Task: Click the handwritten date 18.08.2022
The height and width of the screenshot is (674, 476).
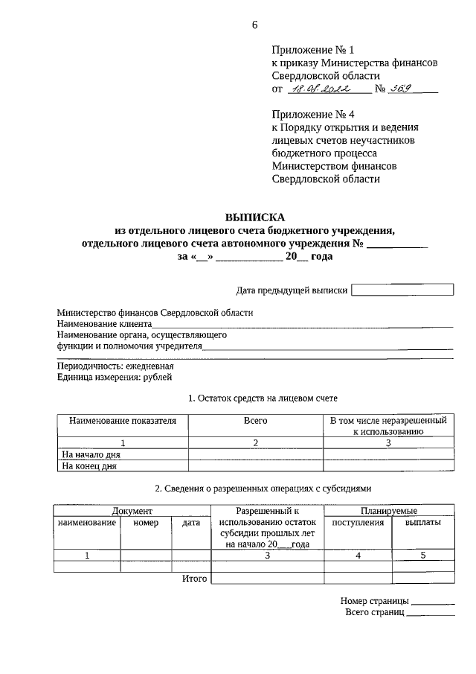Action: coord(327,89)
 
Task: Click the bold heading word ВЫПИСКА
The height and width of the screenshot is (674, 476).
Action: coord(255,217)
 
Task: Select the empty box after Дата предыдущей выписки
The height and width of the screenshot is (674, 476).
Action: coord(402,290)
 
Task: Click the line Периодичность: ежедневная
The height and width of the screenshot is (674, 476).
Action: coord(115,366)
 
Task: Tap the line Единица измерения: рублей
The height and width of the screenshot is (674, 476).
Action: coord(115,378)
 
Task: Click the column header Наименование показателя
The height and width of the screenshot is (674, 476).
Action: coord(123,421)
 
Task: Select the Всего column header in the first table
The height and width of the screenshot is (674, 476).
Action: coord(255,421)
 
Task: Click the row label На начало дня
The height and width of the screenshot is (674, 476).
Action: coord(91,454)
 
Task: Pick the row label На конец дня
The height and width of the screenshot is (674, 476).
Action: coord(89,467)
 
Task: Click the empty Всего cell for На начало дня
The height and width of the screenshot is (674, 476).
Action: coord(255,454)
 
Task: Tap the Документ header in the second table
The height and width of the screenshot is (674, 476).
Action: coord(132,511)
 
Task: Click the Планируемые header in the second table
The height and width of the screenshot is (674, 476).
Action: coord(389,511)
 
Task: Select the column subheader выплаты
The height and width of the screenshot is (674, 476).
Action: coord(422,523)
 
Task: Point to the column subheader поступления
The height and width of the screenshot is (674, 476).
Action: coord(358,523)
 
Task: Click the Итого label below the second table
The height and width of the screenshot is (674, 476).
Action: coord(195,578)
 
